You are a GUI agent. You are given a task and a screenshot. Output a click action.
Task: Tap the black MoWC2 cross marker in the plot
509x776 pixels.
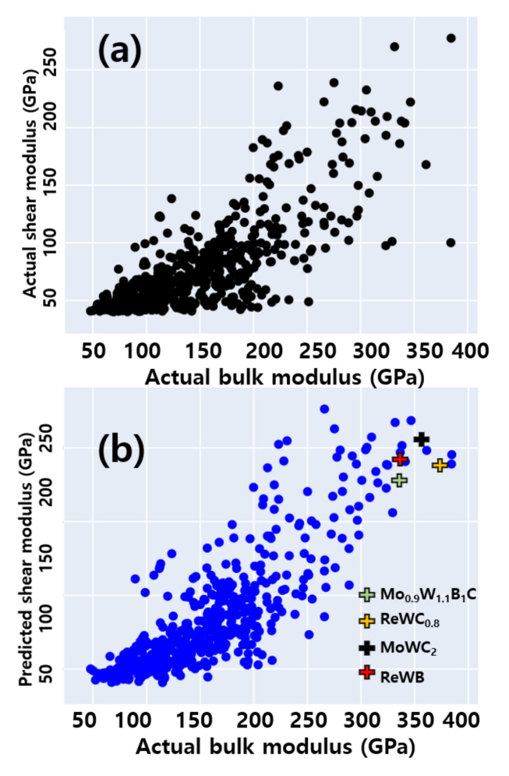(422, 440)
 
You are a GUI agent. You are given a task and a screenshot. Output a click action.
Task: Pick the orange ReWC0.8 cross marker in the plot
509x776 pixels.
(440, 465)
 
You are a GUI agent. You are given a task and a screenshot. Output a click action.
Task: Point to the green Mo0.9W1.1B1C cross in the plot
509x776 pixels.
(399, 480)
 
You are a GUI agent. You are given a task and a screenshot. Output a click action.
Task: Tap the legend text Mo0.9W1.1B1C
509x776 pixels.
(429, 595)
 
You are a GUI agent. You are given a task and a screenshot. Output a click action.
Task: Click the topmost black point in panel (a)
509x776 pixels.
(451, 38)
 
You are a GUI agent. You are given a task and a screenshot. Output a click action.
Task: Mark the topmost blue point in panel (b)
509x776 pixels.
(324, 409)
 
